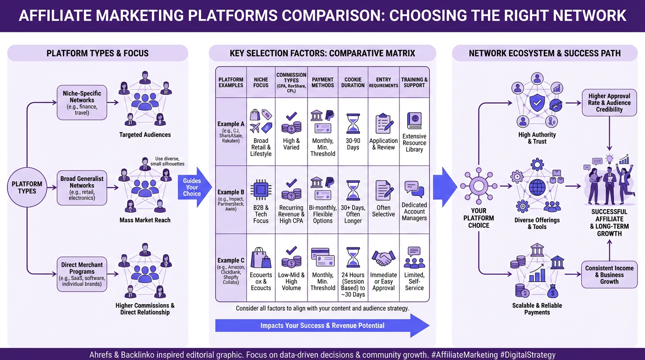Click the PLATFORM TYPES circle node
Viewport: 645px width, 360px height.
pos(27,187)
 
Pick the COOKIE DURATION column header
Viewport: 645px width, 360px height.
pos(353,82)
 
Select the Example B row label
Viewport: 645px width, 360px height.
pos(231,199)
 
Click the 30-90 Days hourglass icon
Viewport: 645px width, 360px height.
pos(353,123)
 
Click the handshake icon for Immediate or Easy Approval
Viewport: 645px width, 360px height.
pos(383,258)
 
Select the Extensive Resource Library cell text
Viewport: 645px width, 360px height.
pos(414,143)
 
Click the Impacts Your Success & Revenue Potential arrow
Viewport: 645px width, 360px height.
pos(322,325)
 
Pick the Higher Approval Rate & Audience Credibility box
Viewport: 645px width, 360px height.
pos(609,103)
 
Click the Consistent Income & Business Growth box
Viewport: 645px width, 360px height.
pos(609,275)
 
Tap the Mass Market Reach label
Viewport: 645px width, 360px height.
pos(145,220)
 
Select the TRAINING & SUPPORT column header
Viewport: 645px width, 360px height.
pos(414,82)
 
